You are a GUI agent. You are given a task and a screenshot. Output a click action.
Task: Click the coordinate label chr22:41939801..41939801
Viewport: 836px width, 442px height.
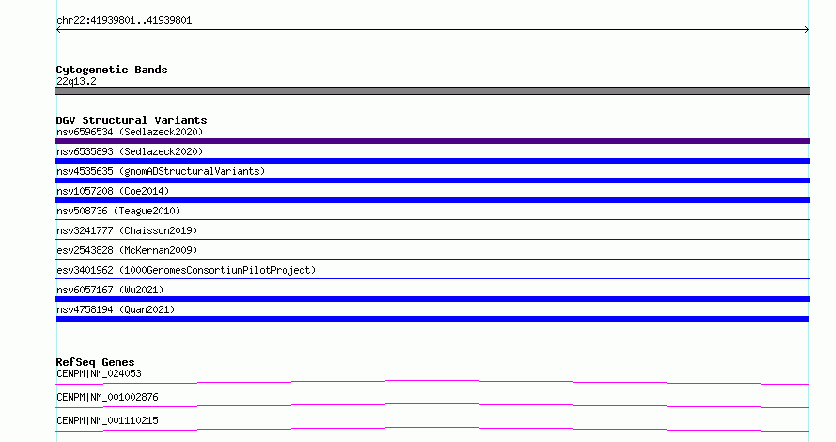pos(124,21)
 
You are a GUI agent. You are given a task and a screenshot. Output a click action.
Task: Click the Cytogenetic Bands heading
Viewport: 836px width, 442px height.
pos(112,70)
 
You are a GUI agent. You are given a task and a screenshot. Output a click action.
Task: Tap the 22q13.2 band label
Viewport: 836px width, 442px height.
pos(76,81)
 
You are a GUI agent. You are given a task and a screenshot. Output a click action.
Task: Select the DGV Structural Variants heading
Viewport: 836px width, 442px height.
pos(132,120)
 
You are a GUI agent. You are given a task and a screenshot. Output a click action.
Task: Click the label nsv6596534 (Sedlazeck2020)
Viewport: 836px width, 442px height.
pos(130,132)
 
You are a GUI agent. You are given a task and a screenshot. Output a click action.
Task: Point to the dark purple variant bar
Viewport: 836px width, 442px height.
pos(432,141)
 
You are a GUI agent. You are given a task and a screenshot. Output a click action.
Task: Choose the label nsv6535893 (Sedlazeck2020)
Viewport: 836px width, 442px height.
pos(130,151)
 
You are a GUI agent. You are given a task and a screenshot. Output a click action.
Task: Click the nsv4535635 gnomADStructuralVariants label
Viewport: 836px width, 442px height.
pos(161,171)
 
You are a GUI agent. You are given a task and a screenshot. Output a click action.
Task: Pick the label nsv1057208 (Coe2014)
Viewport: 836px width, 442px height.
pos(113,191)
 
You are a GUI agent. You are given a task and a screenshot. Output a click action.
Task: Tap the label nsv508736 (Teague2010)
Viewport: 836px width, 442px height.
pos(118,211)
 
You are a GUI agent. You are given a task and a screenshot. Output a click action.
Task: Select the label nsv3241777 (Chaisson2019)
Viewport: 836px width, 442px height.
pos(127,230)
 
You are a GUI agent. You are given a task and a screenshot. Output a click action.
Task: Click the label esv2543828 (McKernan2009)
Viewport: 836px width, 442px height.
pos(127,250)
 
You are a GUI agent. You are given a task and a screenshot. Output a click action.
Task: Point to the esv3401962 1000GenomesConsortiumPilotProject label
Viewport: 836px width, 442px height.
pos(186,270)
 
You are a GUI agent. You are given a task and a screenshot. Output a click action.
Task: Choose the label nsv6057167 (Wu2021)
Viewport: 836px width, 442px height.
pos(110,290)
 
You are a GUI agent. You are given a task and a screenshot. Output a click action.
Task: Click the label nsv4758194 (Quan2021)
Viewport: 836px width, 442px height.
pos(116,309)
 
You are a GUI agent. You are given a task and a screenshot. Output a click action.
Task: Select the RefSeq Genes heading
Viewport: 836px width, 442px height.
pos(95,362)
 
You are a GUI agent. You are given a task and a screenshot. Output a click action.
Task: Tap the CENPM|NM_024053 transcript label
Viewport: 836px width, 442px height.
pos(99,373)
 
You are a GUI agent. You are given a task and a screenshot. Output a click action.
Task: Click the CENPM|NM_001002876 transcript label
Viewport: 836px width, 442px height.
pos(107,397)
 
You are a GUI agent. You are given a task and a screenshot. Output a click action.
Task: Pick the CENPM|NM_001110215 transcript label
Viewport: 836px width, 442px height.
pos(107,420)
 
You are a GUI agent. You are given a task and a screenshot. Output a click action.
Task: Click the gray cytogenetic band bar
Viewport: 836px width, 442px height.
pos(432,91)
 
